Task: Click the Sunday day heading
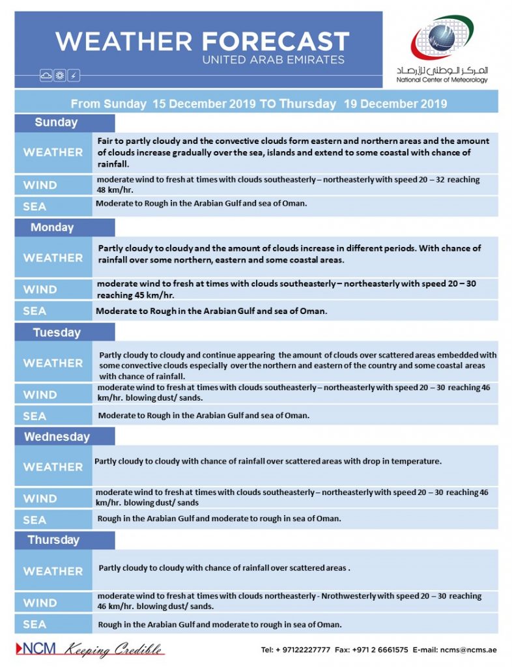(56, 122)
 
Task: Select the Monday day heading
(52, 227)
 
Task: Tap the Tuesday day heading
(57, 333)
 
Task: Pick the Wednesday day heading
(57, 436)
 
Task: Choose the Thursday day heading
(53, 540)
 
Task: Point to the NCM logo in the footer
(36, 649)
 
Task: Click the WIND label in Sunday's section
(40, 185)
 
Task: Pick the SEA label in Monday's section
(35, 311)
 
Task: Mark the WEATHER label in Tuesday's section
(53, 363)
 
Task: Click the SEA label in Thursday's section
(35, 624)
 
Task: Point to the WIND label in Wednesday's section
(40, 498)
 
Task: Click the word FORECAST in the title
(276, 42)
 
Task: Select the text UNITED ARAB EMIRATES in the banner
(273, 60)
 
